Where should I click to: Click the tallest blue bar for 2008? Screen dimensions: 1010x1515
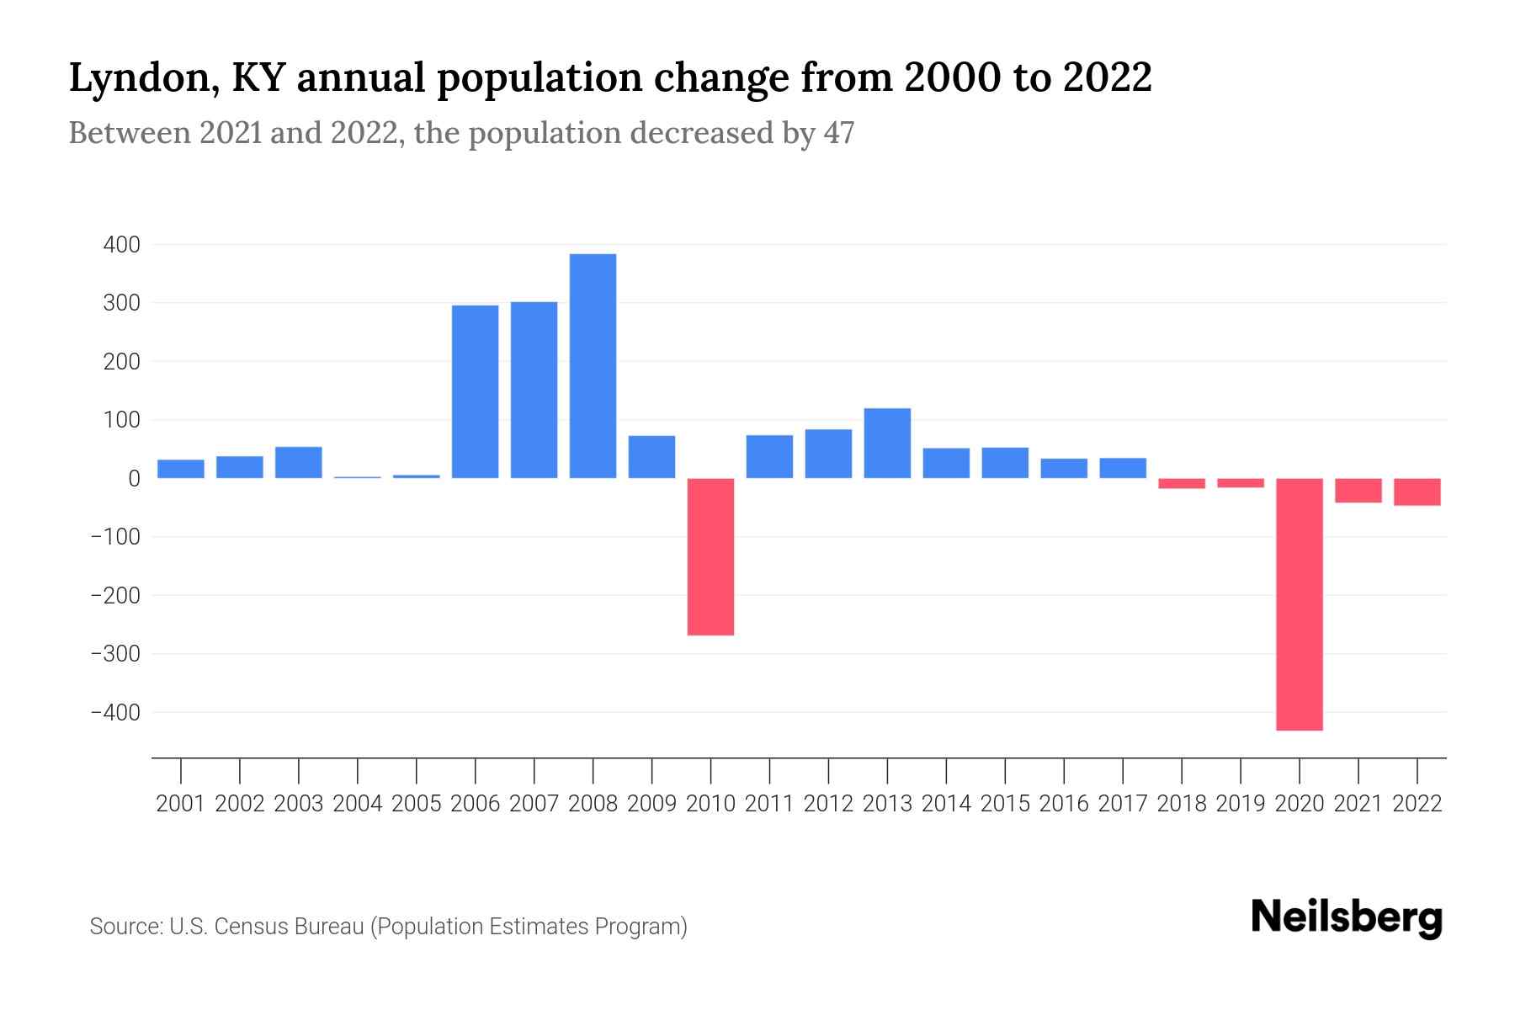pyautogui.click(x=593, y=366)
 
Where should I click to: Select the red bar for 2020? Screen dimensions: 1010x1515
pyautogui.click(x=1300, y=604)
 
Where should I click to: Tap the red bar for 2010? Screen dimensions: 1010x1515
pyautogui.click(x=710, y=556)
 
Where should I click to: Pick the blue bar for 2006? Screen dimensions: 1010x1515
pyautogui.click(x=475, y=391)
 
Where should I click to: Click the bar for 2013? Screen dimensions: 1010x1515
pyautogui.click(x=887, y=444)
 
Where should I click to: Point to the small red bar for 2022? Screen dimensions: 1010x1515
pyautogui.click(x=1417, y=492)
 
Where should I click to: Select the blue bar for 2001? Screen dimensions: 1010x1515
pyautogui.click(x=181, y=469)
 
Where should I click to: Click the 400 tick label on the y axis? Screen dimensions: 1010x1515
pyautogui.click(x=121, y=245)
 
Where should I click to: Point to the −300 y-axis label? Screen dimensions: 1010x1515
pyautogui.click(x=115, y=654)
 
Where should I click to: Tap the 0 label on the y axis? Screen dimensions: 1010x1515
pyautogui.click(x=134, y=478)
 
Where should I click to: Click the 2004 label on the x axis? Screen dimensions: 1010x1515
pyautogui.click(x=358, y=804)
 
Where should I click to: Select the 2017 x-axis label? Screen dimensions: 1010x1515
pyautogui.click(x=1123, y=804)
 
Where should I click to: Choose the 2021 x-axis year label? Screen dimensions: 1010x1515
pyautogui.click(x=1358, y=804)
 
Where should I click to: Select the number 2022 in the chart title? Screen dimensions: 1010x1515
pyautogui.click(x=1108, y=78)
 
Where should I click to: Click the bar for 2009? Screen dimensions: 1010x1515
pyautogui.click(x=651, y=457)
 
